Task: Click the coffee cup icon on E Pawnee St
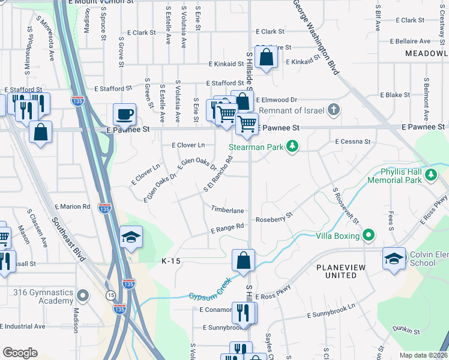tap(124, 113)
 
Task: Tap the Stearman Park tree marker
tap(292, 146)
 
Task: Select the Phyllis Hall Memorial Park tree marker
tap(430, 175)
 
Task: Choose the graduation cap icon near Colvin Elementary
tap(394, 258)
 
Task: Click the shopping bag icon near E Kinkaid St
tap(265, 58)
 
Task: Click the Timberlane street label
tap(227, 211)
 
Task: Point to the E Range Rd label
tap(228, 227)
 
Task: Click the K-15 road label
tap(171, 262)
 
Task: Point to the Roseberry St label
tap(274, 217)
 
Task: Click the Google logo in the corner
tap(20, 352)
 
